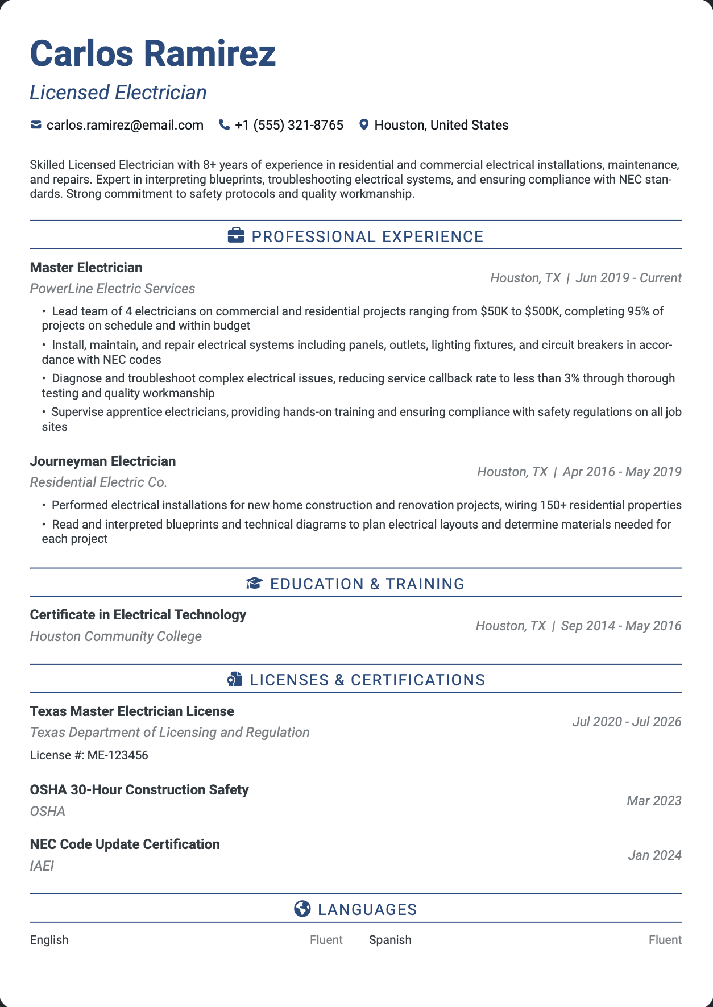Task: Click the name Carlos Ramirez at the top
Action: [152, 54]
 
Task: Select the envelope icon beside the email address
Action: [36, 125]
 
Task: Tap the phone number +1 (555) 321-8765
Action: [289, 125]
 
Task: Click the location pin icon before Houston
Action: [364, 125]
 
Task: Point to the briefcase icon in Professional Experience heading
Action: [236, 236]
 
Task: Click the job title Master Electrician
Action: [86, 268]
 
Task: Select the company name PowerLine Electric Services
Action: [112, 289]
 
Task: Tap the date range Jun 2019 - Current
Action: [628, 278]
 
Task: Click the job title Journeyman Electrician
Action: [102, 461]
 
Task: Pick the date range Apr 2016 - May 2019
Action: [621, 472]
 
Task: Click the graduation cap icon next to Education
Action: [254, 584]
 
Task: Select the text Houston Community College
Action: [115, 636]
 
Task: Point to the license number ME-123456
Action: [117, 755]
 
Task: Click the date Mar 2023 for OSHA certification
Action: [654, 801]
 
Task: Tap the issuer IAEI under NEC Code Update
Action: [42, 866]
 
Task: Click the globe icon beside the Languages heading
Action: [302, 909]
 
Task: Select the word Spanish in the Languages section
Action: [390, 940]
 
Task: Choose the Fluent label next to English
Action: [326, 940]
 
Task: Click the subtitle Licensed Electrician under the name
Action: [118, 93]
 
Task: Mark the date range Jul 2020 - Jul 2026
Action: [627, 722]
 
